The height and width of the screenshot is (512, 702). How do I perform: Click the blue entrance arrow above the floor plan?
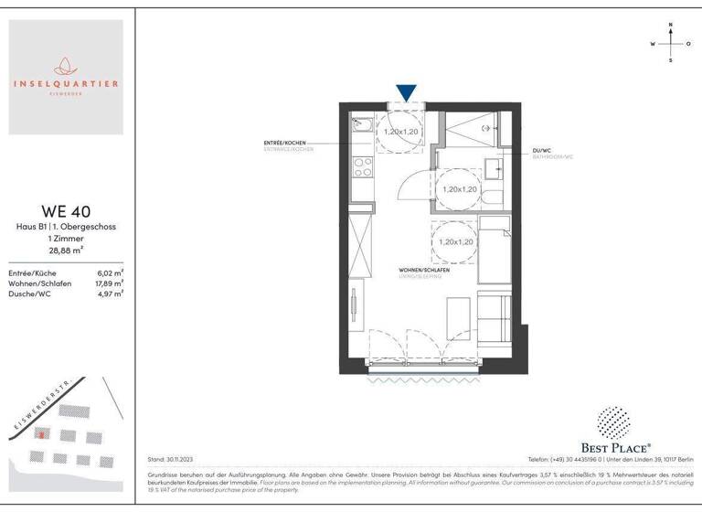(407, 92)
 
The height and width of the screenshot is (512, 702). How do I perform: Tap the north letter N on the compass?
(671, 26)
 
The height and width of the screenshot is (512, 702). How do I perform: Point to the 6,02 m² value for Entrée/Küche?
(111, 272)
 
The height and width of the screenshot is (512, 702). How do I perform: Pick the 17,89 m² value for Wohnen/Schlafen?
(109, 283)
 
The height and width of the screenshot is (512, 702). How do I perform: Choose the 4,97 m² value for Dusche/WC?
(111, 293)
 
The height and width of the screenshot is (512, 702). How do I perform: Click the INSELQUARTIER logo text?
(66, 84)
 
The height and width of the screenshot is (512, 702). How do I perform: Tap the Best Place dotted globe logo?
(613, 422)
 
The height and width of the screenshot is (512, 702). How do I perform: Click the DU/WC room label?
(542, 150)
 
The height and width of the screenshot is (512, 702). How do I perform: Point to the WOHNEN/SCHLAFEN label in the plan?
(422, 272)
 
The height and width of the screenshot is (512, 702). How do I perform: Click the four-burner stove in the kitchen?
(362, 167)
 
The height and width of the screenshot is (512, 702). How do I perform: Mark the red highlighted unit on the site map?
(39, 434)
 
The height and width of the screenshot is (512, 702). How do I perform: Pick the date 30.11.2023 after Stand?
(178, 459)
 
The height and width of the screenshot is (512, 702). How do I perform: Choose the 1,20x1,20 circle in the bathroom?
(459, 189)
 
